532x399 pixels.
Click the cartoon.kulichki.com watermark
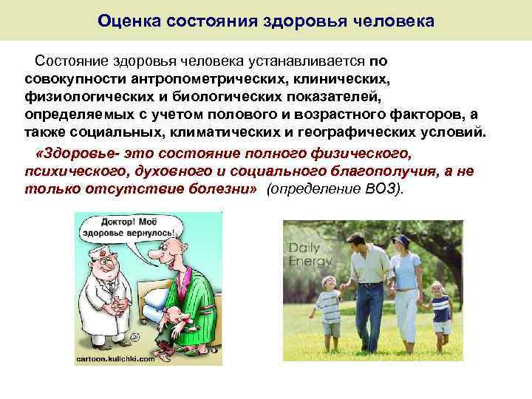click(x=115, y=358)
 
